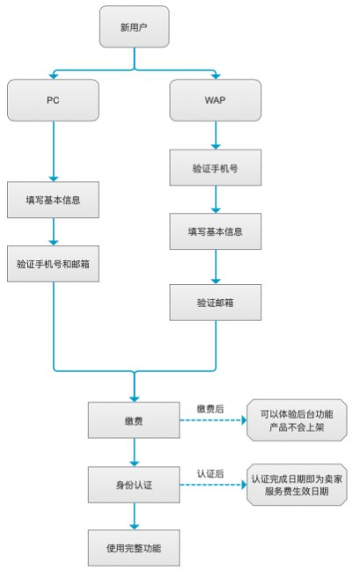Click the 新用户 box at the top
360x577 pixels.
[135, 26]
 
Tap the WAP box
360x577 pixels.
[216, 100]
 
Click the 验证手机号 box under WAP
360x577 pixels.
[216, 166]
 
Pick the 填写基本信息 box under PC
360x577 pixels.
[54, 200]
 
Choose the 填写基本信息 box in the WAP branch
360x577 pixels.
[216, 232]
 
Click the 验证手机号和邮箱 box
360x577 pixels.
[54, 264]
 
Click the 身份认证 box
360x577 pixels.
[134, 485]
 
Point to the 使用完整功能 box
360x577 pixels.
[134, 547]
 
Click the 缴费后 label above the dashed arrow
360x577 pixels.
[211, 410]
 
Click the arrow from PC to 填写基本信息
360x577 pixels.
[54, 150]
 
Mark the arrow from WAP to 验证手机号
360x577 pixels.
[216, 134]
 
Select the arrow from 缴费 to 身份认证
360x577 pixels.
[134, 453]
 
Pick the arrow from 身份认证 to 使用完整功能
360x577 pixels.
[134, 516]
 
